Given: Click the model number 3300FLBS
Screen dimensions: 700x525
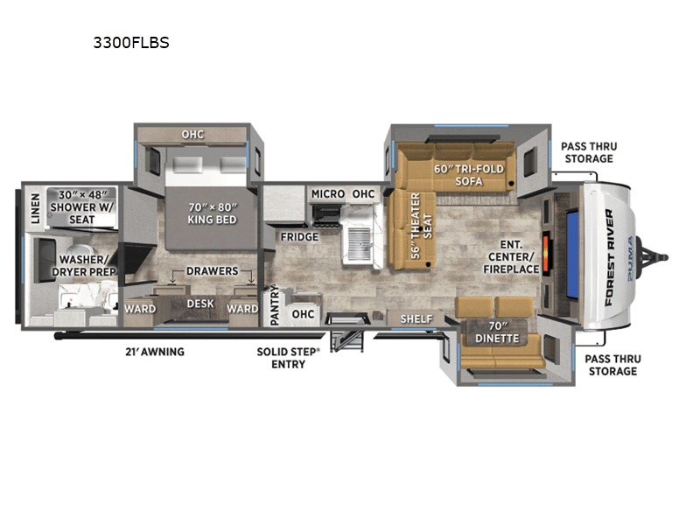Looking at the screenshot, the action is coord(131,42).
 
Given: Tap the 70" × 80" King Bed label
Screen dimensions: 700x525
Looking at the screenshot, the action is coord(212,213).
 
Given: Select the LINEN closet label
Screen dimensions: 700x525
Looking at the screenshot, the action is coord(35,209).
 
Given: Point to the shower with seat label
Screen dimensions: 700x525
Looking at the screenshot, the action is coord(82,207).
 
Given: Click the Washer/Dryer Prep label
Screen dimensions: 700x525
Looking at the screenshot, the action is coord(83,266).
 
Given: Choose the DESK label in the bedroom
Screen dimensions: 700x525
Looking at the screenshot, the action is coord(200,304).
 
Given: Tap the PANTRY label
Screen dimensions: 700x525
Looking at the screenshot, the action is coord(274,305).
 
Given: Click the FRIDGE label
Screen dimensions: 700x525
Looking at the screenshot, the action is coord(299,236).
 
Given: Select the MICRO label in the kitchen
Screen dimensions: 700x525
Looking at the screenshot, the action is coord(328,193).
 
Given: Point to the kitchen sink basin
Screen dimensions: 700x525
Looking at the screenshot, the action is coord(359,243).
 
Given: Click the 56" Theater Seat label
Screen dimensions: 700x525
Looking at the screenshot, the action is coord(421,226).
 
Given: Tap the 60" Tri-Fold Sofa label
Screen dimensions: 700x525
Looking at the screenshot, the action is coord(469,175).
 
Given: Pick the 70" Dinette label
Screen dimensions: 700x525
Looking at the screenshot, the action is coord(497,332).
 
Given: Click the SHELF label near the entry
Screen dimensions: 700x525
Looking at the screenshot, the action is coord(416,318).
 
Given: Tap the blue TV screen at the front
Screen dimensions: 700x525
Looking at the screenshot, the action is coord(573,254).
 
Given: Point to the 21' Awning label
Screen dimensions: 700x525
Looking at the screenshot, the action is coord(155,352).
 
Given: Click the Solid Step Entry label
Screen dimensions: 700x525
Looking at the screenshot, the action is coord(289,358).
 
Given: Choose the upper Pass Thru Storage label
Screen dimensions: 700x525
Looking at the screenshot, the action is coord(589,152).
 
